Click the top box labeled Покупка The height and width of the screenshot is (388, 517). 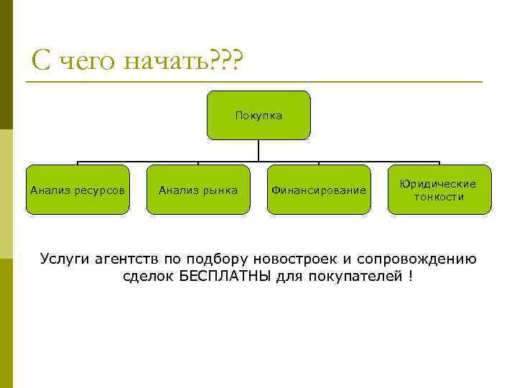click(258, 115)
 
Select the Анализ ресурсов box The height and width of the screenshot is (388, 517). click(78, 190)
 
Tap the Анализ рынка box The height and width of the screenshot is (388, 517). click(198, 190)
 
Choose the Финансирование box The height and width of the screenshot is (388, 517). click(319, 190)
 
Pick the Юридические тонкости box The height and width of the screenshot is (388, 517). click(439, 190)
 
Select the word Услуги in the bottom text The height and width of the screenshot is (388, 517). click(65, 259)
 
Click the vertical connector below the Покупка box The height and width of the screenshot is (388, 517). click(258, 150)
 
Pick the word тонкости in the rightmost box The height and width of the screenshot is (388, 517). click(439, 197)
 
